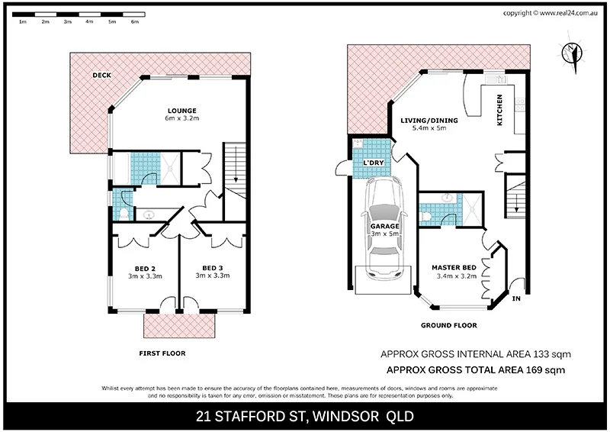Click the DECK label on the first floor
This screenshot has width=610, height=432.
(x=101, y=76)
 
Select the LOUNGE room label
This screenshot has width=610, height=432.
(x=181, y=110)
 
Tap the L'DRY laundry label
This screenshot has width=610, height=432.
(x=372, y=163)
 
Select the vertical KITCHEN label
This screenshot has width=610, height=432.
(x=500, y=110)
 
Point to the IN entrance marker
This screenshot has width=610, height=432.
(x=516, y=298)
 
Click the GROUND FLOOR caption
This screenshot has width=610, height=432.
(x=448, y=325)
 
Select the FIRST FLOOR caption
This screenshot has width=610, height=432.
(x=161, y=353)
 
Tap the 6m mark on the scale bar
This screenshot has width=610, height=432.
(x=135, y=22)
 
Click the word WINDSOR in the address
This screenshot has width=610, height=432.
(x=342, y=416)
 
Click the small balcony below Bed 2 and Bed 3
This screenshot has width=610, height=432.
(x=180, y=326)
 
